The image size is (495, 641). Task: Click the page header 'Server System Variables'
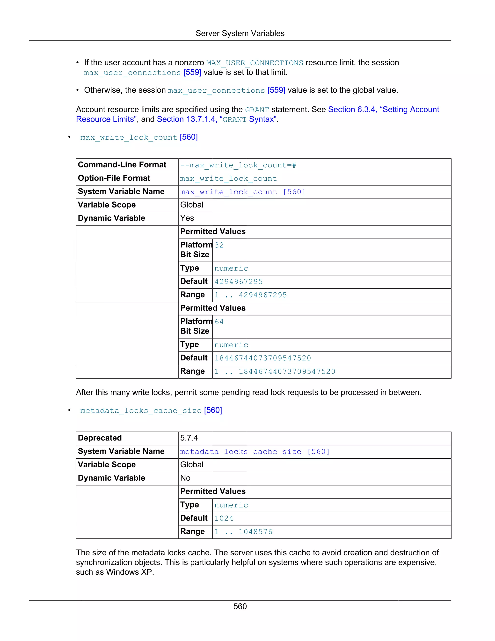click(x=240, y=33)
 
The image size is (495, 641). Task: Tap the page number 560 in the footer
click(x=240, y=606)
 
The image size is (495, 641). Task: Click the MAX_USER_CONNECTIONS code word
click(x=255, y=63)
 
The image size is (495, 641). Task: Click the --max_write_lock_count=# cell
click(x=238, y=165)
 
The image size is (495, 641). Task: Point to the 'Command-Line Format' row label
click(x=122, y=165)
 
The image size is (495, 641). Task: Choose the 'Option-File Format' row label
click(x=114, y=178)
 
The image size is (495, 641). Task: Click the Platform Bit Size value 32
click(x=219, y=245)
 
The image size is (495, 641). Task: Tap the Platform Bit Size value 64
click(x=219, y=322)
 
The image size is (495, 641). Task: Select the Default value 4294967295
click(x=238, y=282)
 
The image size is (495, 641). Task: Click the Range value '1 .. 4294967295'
click(x=250, y=295)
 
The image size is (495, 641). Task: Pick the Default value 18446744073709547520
click(x=262, y=358)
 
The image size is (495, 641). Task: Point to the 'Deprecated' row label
click(x=100, y=438)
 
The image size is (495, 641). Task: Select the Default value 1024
click(x=224, y=518)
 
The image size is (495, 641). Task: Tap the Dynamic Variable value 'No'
click(x=185, y=478)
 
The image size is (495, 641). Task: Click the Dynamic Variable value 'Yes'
click(x=187, y=218)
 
